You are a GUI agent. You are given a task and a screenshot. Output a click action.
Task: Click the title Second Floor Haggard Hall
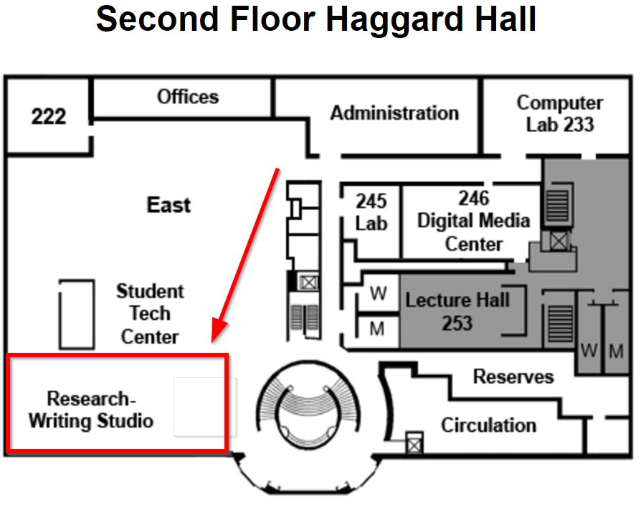(316, 20)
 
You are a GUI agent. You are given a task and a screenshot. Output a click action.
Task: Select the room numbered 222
(49, 116)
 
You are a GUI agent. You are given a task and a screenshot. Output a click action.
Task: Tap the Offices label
(188, 97)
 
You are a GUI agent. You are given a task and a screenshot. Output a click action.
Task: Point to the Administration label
(394, 113)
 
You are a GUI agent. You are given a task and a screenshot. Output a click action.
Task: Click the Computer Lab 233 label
(560, 113)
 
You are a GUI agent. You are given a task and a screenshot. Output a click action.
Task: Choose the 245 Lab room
(371, 212)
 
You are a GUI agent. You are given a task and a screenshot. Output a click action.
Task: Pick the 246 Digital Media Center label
(473, 221)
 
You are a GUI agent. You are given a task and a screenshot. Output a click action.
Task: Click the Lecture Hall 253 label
(457, 311)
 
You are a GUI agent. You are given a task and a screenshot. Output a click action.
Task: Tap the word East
(169, 205)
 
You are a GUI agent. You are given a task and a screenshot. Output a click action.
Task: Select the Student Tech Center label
(150, 313)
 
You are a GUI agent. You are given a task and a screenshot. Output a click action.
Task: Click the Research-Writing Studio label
(91, 410)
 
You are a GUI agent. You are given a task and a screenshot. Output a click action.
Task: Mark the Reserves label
(513, 377)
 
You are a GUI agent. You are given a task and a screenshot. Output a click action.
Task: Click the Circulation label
(488, 425)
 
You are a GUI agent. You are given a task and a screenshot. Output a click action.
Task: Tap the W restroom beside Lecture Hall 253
(379, 293)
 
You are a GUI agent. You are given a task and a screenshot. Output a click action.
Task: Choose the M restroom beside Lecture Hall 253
(378, 328)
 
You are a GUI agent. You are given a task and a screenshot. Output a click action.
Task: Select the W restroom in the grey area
(589, 351)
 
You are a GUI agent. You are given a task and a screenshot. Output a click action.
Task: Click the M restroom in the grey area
(616, 351)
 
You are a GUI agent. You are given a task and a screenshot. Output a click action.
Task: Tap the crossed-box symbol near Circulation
(414, 443)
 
